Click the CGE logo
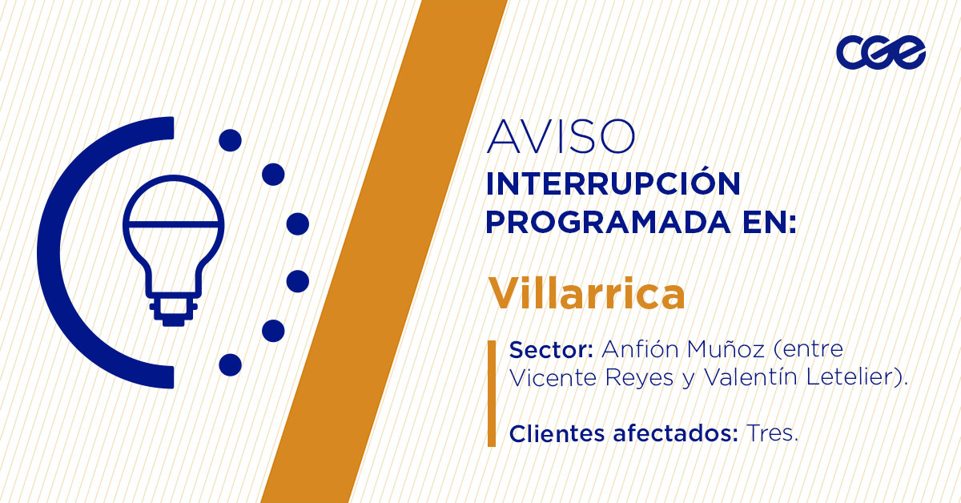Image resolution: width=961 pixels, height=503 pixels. tap(880, 54)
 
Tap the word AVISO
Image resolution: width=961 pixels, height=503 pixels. tap(561, 137)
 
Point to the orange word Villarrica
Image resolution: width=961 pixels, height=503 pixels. tap(587, 294)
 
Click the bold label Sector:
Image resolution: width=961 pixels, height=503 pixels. tap(550, 350)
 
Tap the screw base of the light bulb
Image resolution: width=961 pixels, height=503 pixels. tap(173, 310)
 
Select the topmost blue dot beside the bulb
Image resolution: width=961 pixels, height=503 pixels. tap(230, 140)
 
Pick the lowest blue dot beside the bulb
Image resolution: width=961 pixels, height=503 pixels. tap(230, 364)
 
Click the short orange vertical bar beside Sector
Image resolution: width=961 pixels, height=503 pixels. tap(492, 392)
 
